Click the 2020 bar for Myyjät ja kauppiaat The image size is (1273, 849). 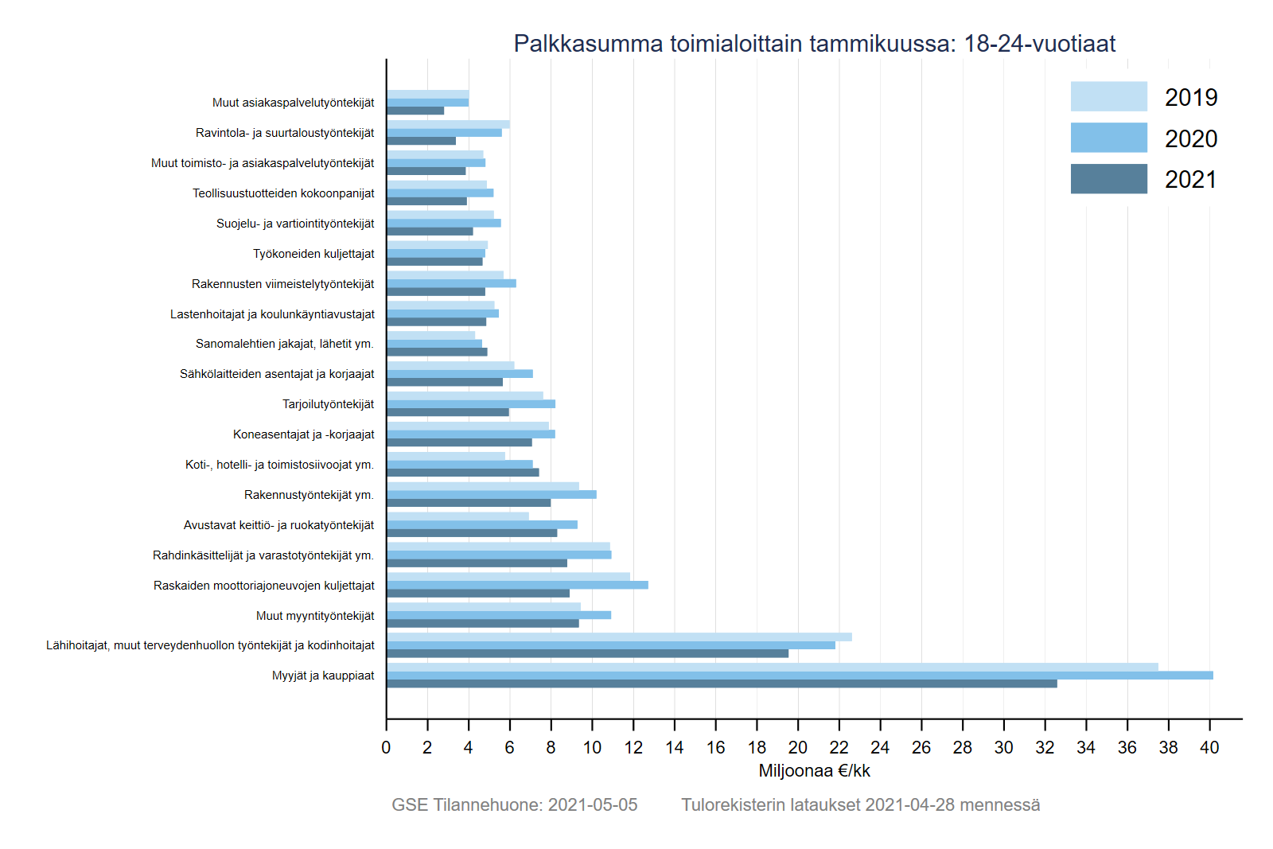click(800, 676)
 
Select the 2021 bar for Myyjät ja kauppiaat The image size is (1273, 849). click(722, 683)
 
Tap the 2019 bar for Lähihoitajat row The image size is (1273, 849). click(619, 637)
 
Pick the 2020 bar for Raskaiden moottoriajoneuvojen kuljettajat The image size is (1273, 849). click(517, 585)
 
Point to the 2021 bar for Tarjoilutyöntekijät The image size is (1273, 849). click(448, 412)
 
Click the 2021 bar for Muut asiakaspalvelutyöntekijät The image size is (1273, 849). click(415, 111)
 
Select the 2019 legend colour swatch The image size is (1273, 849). click(1108, 96)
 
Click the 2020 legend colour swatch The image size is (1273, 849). click(1108, 138)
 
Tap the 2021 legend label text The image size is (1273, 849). click(1191, 180)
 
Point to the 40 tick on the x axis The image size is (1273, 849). click(1209, 747)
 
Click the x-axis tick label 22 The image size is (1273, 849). click(839, 747)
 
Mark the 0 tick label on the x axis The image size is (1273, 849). click(387, 747)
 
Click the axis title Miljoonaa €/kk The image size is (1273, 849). click(814, 771)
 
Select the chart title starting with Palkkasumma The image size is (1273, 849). click(814, 44)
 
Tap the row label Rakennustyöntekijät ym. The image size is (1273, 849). click(309, 495)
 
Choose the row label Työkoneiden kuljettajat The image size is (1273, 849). click(313, 254)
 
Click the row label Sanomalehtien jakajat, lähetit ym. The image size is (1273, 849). click(285, 344)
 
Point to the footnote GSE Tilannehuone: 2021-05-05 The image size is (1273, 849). click(514, 805)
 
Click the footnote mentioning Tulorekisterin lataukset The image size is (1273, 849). click(860, 805)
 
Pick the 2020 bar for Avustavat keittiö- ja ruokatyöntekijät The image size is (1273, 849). click(482, 525)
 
